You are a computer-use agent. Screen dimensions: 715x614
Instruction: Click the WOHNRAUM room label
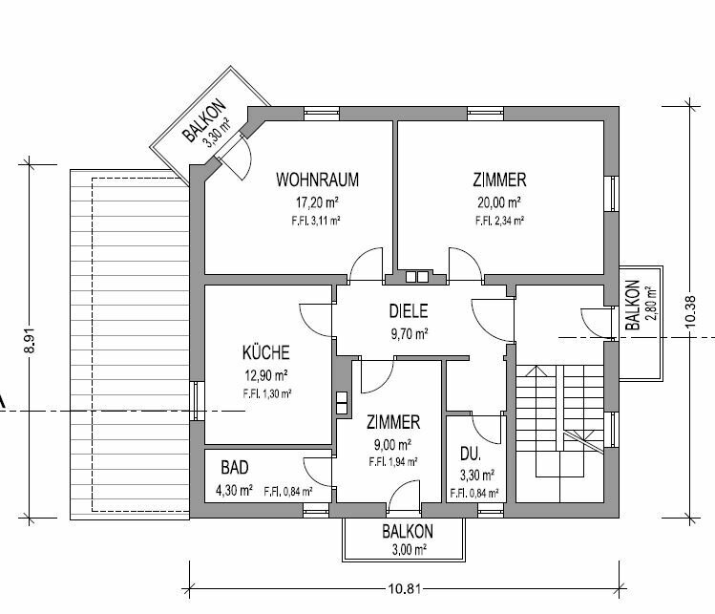pyautogui.click(x=317, y=180)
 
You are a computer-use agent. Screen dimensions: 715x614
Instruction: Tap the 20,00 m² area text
pyautogui.click(x=499, y=201)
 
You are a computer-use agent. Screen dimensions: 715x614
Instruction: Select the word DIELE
pyautogui.click(x=409, y=310)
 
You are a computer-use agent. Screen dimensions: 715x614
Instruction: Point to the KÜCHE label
pyautogui.click(x=265, y=352)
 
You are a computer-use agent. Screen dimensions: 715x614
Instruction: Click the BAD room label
pyautogui.click(x=235, y=468)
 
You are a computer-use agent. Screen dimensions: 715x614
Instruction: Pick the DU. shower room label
pyautogui.click(x=470, y=454)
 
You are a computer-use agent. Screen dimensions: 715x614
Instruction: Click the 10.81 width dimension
pyautogui.click(x=405, y=588)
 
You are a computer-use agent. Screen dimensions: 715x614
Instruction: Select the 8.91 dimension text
pyautogui.click(x=29, y=341)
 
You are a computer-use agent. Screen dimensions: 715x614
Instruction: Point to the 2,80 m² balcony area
pyautogui.click(x=651, y=305)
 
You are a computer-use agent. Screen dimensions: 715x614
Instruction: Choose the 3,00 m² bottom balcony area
pyautogui.click(x=410, y=550)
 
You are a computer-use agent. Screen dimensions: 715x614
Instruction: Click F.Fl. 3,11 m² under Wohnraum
pyautogui.click(x=316, y=221)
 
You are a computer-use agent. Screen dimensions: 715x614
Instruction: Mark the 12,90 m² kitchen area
pyautogui.click(x=266, y=375)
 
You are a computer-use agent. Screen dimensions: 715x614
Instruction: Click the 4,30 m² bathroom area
pyautogui.click(x=235, y=491)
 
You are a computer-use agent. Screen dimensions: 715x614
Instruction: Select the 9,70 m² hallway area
pyautogui.click(x=409, y=334)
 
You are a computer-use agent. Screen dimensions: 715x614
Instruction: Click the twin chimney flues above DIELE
pyautogui.click(x=417, y=276)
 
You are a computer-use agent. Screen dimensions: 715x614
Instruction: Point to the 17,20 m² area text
pyautogui.click(x=317, y=201)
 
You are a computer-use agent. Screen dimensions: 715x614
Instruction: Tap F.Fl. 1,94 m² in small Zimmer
pyautogui.click(x=393, y=462)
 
